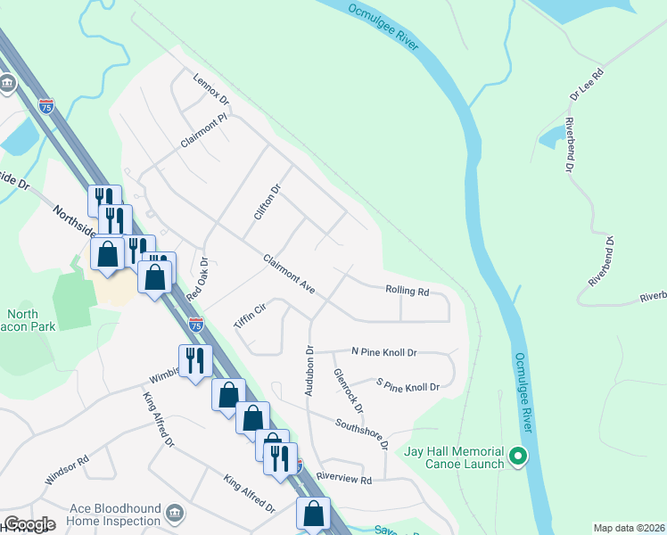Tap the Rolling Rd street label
pos(408,291)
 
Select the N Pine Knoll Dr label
pos(383,352)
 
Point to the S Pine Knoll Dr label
pos(408,386)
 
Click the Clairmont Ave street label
pos(290,275)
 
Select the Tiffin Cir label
pos(251,317)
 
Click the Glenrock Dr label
pos(349,391)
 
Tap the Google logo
pos(29,524)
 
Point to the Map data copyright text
pos(628,528)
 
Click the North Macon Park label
pos(30,320)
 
